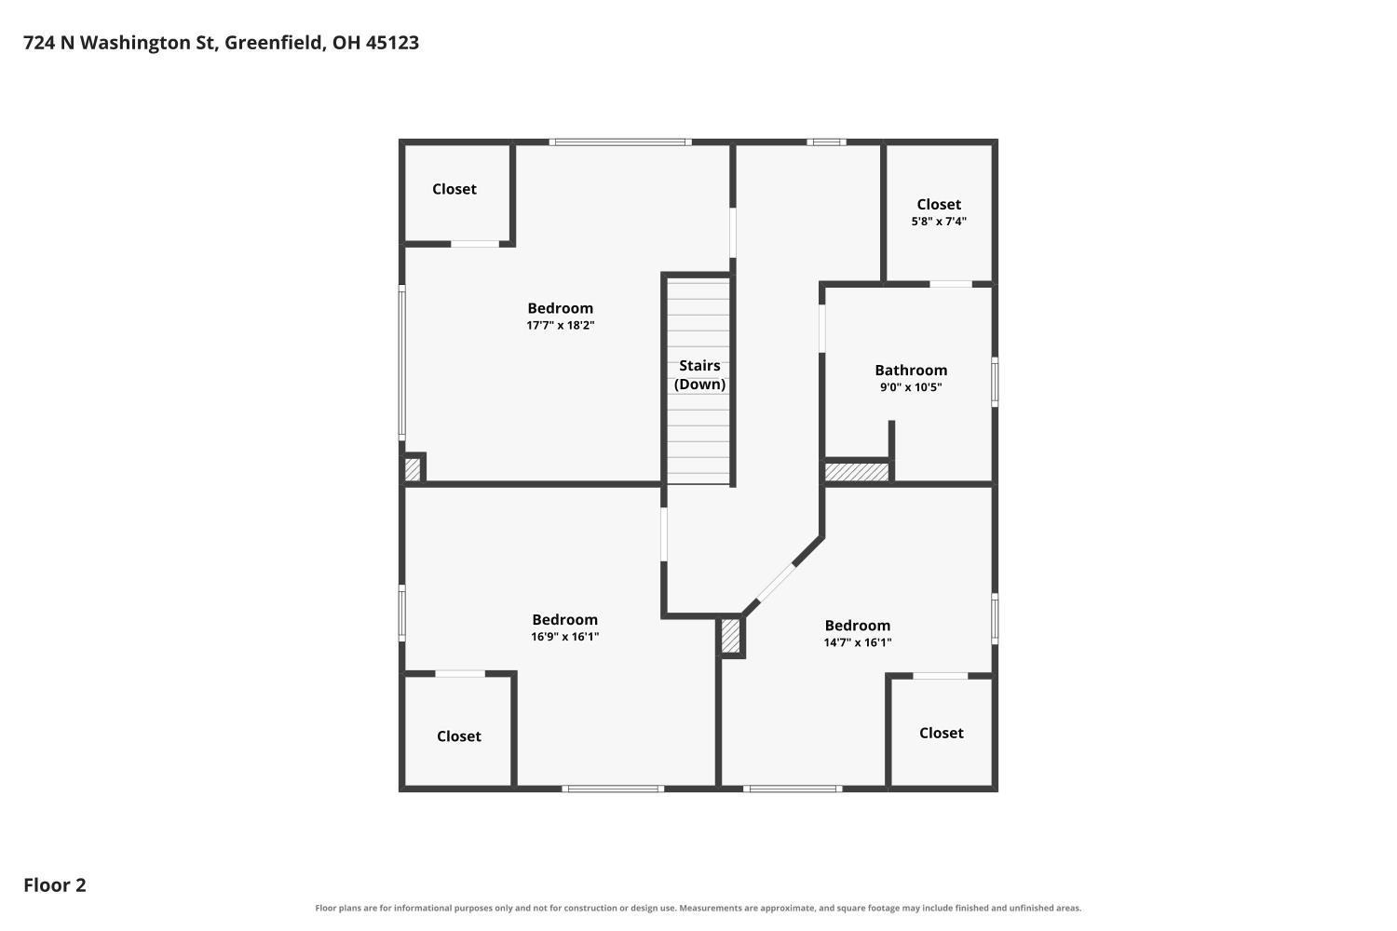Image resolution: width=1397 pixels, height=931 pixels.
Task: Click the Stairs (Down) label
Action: pyautogui.click(x=699, y=375)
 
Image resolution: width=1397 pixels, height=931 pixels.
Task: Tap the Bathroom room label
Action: pyautogui.click(x=911, y=371)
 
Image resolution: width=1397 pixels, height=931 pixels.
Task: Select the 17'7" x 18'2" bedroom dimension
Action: pyautogui.click(x=560, y=325)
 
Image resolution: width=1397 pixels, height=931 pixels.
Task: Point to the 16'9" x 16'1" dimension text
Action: pyautogui.click(x=565, y=637)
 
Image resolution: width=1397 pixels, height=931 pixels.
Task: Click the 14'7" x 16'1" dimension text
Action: pyautogui.click(x=858, y=642)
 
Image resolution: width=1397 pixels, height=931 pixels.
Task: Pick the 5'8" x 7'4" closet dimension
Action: pyautogui.click(x=939, y=221)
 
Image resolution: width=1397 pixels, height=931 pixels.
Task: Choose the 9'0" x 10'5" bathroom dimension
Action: pyautogui.click(x=911, y=386)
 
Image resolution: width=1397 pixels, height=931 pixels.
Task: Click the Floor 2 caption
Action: pyautogui.click(x=55, y=884)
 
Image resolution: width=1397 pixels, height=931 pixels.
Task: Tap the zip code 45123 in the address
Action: pyautogui.click(x=392, y=43)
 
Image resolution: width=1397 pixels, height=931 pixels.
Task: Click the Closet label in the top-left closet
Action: pyautogui.click(x=454, y=189)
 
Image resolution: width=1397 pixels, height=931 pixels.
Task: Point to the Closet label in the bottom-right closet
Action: pyautogui.click(x=941, y=733)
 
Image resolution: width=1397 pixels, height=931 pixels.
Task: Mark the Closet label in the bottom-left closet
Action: pyautogui.click(x=459, y=736)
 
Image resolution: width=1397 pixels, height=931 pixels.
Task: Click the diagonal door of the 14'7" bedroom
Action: pyautogui.click(x=776, y=583)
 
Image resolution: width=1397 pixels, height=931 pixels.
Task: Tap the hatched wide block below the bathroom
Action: pyautogui.click(x=856, y=472)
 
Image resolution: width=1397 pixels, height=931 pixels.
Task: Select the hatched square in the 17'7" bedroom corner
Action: pyautogui.click(x=413, y=469)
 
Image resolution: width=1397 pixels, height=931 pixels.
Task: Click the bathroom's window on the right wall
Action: pyautogui.click(x=995, y=382)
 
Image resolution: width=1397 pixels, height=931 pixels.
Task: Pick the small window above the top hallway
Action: pyautogui.click(x=826, y=142)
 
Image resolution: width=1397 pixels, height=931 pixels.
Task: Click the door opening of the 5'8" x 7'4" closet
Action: pyautogui.click(x=951, y=284)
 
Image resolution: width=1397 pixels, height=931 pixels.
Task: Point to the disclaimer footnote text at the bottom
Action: pyautogui.click(x=698, y=908)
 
